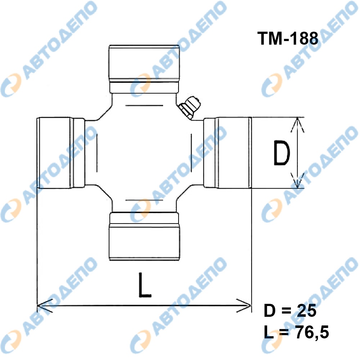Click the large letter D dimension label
(x=282, y=153)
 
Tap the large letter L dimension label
(x=145, y=285)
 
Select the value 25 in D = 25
(x=307, y=311)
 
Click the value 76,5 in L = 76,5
(x=312, y=332)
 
